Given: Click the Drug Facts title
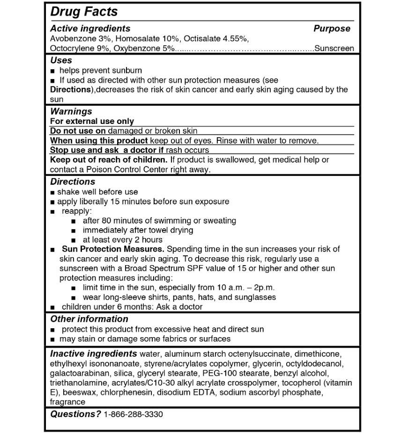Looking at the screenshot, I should (84, 11).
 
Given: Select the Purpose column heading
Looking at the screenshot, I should (332, 29).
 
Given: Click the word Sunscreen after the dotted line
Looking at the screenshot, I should (334, 49).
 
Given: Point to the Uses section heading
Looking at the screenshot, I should (61, 60).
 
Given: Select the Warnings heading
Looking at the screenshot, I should (71, 112).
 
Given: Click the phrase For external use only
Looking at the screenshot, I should (92, 122).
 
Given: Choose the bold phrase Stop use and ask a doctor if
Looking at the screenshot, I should (107, 151).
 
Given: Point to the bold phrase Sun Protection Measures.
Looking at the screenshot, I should (113, 249).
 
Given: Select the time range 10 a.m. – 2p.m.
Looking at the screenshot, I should (245, 288).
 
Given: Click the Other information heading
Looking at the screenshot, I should (89, 319).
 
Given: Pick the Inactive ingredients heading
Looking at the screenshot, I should (94, 354).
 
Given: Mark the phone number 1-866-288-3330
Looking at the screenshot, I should (134, 414).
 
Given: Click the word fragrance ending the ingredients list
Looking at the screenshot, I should (67, 402).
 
